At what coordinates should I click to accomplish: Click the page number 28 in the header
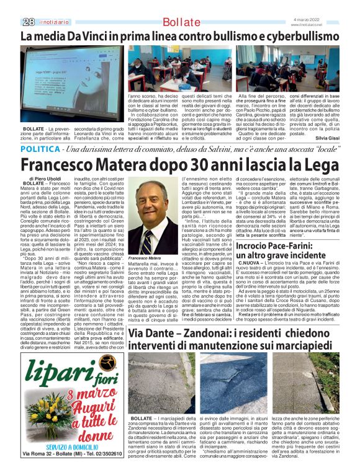click(x=27, y=22)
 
